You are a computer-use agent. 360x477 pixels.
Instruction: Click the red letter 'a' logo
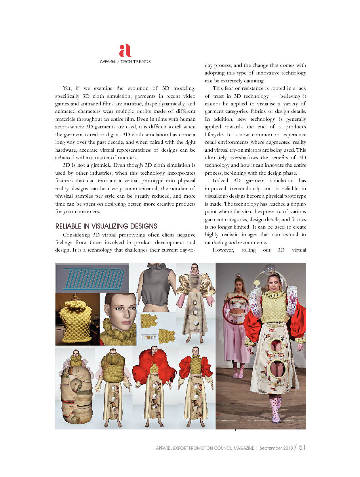coord(125,50)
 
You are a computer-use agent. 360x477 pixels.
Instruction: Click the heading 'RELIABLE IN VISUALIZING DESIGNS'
coord(106,226)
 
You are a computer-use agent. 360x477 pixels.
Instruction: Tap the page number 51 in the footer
coord(302,447)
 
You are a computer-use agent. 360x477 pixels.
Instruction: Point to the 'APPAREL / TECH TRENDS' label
coord(125,62)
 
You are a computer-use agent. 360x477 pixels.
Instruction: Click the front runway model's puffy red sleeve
coord(298,321)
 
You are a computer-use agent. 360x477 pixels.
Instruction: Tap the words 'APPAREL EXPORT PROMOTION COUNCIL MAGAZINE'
coord(205,448)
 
